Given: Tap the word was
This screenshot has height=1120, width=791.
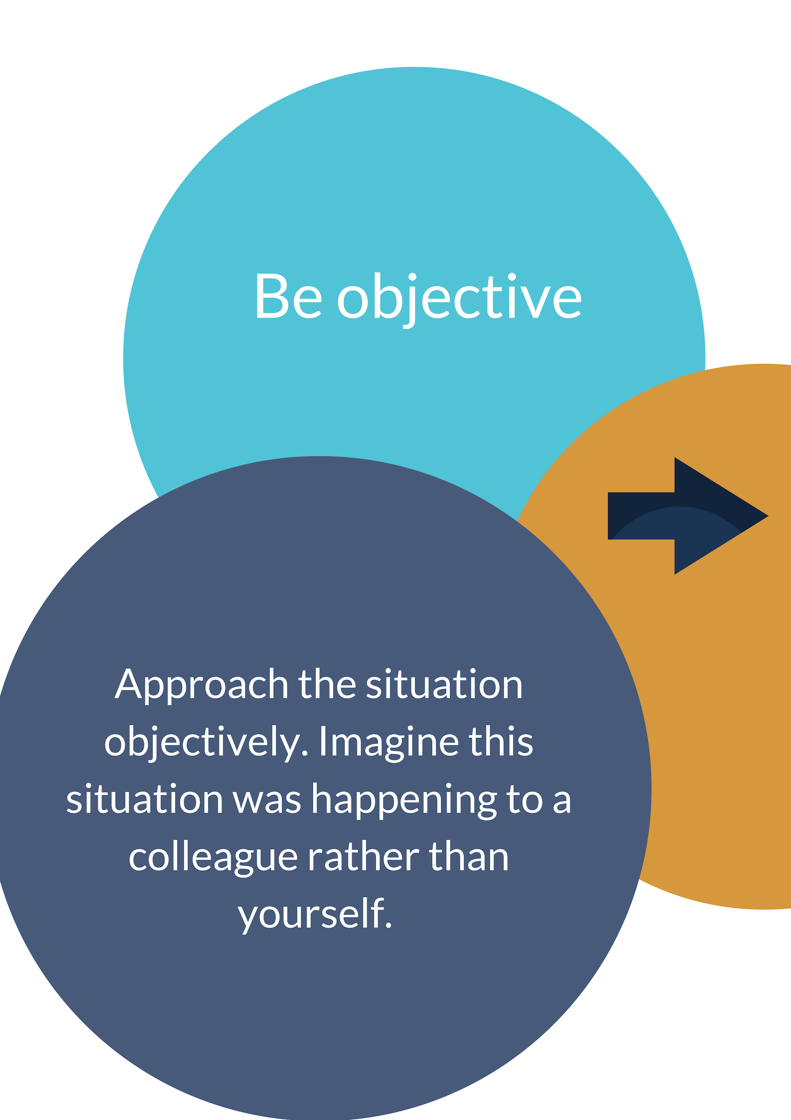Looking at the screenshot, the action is (x=267, y=802).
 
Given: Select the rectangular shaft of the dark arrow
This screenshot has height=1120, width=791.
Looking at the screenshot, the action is (x=641, y=516).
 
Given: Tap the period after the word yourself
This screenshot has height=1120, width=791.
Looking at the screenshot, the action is (x=389, y=926).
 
